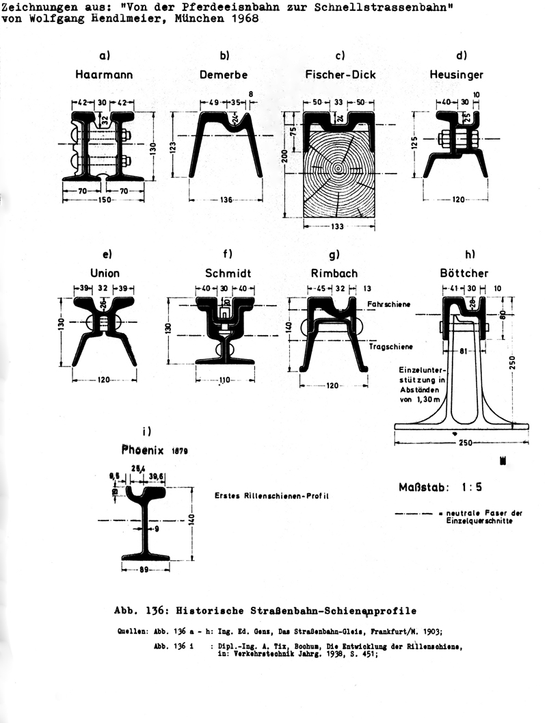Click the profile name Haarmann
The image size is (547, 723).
pos(105,73)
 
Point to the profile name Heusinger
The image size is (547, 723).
pos(457,73)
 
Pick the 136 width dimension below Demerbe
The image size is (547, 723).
pos(227,200)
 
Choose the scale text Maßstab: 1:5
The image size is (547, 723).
pos(435,488)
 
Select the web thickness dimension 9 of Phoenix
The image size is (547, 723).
pos(158,527)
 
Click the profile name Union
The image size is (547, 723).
pos(105,274)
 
